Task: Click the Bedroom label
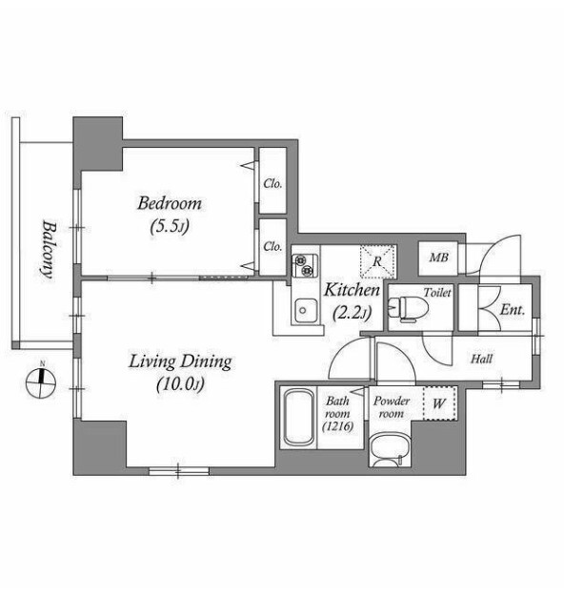coord(170,203)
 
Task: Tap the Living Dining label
coord(180,362)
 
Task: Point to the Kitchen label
coord(352,290)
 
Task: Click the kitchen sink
coord(305,310)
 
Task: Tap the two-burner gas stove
coord(305,265)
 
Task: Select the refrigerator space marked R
coord(377,261)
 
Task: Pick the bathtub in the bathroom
coord(299,417)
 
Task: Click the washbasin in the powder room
coord(390,449)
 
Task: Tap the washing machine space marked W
coord(440,403)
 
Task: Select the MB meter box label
coord(438,258)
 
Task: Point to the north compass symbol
coord(41,382)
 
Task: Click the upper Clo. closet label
coord(272,184)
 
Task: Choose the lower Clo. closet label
coord(272,247)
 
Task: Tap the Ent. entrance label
coord(513,310)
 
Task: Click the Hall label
coord(482,359)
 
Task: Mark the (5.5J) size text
coord(170,227)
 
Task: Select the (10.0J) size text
coord(181,384)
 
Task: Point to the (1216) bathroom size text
coord(337,426)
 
